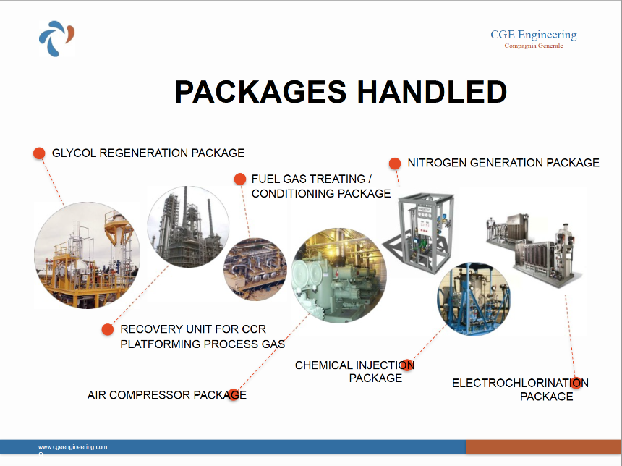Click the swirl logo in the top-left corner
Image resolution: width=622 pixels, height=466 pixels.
tap(56, 38)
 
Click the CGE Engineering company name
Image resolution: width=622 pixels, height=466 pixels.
tap(534, 35)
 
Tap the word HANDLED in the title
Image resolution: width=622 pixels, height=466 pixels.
tap(432, 92)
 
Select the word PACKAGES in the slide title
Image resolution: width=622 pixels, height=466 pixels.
tap(261, 92)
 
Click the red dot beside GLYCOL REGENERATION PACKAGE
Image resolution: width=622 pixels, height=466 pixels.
tap(39, 153)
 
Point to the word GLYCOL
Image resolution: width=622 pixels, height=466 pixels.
tap(74, 153)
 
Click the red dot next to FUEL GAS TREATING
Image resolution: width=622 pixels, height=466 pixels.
tap(240, 179)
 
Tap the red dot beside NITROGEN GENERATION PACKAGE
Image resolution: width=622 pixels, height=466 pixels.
tap(395, 163)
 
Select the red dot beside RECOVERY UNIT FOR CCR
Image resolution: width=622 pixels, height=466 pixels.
tap(108, 329)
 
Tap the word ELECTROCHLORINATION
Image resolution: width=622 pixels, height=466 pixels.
tap(521, 383)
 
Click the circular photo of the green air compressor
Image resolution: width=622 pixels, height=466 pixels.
tap(338, 276)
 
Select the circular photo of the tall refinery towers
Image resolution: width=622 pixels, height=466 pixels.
tap(188, 226)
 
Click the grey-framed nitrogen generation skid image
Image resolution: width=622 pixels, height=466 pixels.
tap(417, 233)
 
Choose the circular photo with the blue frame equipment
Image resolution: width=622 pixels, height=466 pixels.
tap(474, 299)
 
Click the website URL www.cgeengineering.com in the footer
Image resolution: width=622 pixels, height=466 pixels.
tap(72, 447)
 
